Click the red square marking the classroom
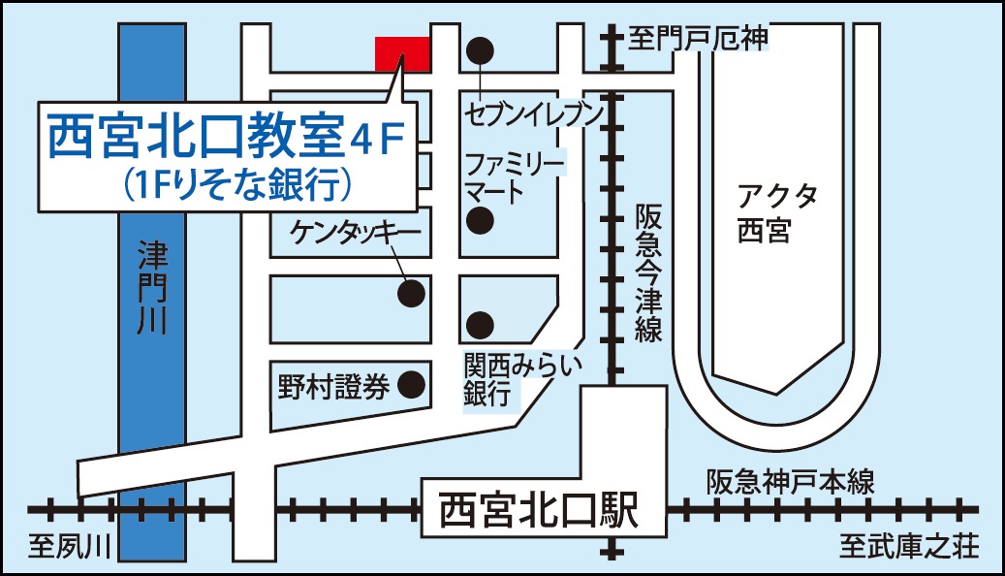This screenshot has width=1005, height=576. tap(402, 53)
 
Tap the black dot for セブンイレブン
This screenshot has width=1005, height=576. tap(482, 49)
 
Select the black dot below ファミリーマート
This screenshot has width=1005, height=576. tap(479, 221)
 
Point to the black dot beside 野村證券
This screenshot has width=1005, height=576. tap(412, 385)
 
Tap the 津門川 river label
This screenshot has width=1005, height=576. tap(152, 291)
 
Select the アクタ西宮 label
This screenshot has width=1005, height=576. tap(776, 214)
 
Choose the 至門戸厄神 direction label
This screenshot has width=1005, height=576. tap(698, 38)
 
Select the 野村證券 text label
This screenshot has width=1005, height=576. tap(333, 387)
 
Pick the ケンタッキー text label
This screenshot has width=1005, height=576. tap(354, 233)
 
